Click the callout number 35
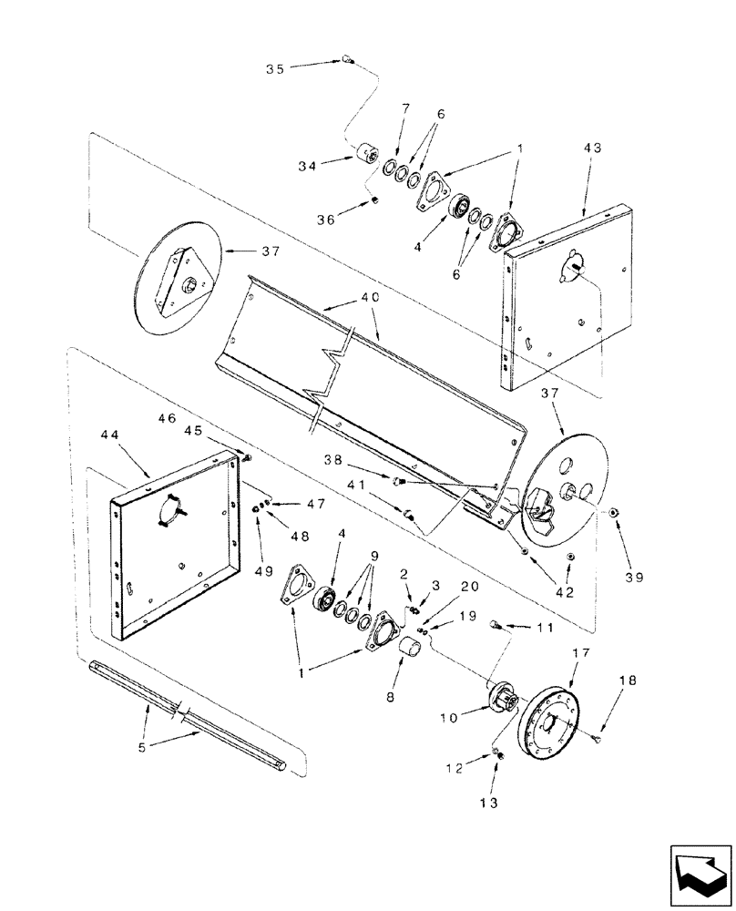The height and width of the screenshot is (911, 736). pyautogui.click(x=275, y=67)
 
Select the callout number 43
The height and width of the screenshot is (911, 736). pyautogui.click(x=593, y=148)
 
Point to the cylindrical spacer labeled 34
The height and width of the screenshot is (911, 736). pyautogui.click(x=370, y=156)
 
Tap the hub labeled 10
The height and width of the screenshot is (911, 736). pyautogui.click(x=498, y=704)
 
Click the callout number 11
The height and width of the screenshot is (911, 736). pyautogui.click(x=544, y=627)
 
